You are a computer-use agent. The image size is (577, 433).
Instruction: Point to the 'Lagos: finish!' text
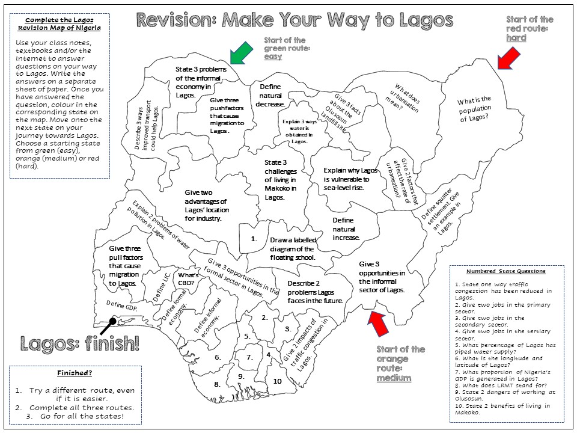coord(80,344)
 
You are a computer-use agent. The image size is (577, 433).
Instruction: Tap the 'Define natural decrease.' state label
coord(270,96)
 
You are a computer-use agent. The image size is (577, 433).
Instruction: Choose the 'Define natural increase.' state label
coord(346,229)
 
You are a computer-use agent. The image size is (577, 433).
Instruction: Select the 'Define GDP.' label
coord(122,305)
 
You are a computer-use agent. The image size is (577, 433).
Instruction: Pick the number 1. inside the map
coord(254,238)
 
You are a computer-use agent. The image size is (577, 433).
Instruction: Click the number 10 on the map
coord(278,381)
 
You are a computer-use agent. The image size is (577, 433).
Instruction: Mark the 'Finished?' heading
coord(75,373)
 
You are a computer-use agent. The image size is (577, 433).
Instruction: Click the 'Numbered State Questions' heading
coord(505,271)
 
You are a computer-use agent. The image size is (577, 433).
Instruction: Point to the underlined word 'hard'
coord(516,38)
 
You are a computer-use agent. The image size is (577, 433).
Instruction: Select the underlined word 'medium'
coord(394,378)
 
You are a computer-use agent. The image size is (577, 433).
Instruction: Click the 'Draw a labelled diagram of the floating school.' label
coord(292,248)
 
